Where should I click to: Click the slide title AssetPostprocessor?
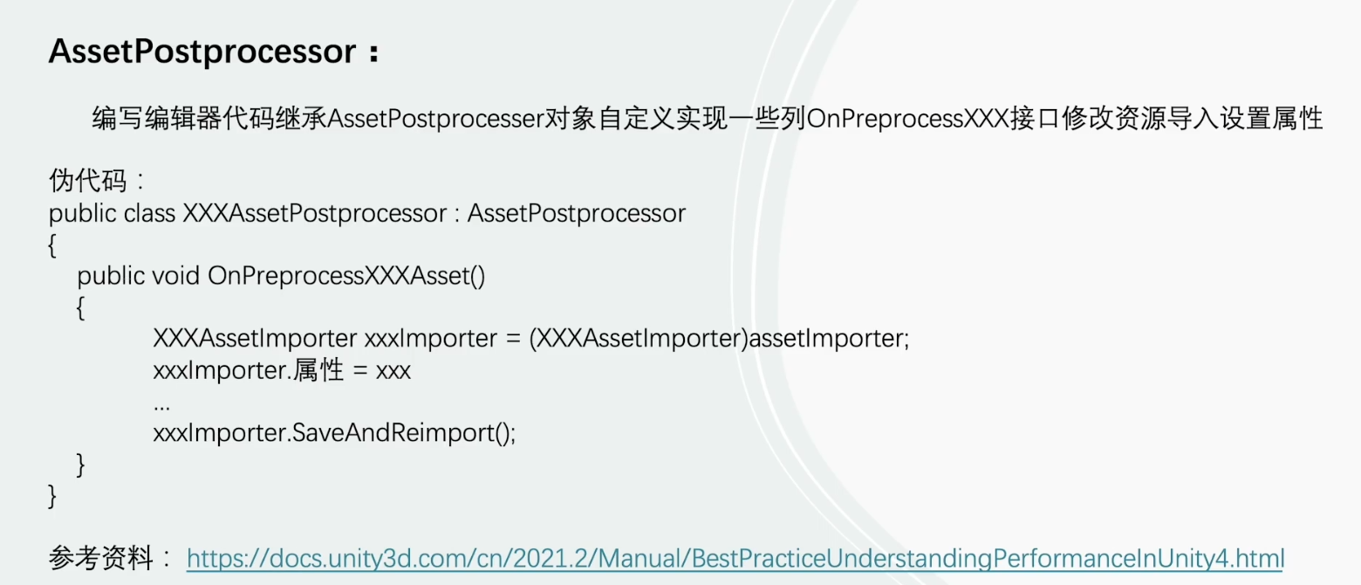(x=202, y=52)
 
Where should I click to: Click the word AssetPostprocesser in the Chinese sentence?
(x=435, y=119)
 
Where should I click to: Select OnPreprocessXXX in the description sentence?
(x=907, y=119)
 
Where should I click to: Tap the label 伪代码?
(x=87, y=181)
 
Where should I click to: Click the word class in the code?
(x=149, y=213)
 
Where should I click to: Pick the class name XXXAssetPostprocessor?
(x=315, y=213)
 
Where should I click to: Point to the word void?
(x=175, y=276)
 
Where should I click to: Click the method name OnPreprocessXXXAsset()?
(x=346, y=276)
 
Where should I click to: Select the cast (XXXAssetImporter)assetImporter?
(x=720, y=339)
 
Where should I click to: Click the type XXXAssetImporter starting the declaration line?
(x=255, y=339)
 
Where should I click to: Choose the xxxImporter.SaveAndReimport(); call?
(x=334, y=433)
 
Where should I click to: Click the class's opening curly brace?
(x=52, y=245)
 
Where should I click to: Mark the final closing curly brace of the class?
(x=52, y=496)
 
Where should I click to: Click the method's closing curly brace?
(x=80, y=465)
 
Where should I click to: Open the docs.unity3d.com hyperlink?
(x=735, y=558)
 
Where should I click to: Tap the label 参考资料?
(x=100, y=558)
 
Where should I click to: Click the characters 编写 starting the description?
(x=118, y=119)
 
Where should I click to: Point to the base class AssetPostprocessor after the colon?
(x=577, y=213)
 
